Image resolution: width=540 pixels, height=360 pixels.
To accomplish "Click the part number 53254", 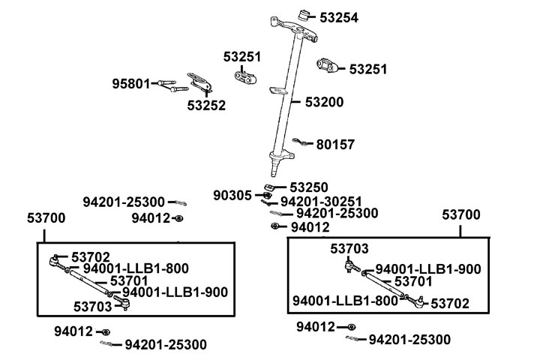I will tap(340, 16).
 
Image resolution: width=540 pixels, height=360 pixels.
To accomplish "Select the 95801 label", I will tap(131, 82).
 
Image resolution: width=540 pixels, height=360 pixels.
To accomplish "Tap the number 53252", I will tap(206, 106).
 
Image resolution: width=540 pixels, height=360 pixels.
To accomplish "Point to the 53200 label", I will tap(324, 100).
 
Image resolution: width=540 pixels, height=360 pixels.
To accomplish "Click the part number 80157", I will tap(335, 144).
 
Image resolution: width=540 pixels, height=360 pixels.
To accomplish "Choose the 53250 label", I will tap(309, 187).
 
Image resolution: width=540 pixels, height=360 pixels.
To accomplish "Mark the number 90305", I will tap(232, 196).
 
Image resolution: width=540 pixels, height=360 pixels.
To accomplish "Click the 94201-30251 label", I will tap(321, 202).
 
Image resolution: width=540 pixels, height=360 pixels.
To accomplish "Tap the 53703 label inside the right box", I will tap(349, 248).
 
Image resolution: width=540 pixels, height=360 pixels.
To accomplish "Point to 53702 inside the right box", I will tap(450, 304).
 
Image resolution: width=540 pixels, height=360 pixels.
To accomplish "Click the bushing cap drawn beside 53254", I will tap(305, 14).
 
